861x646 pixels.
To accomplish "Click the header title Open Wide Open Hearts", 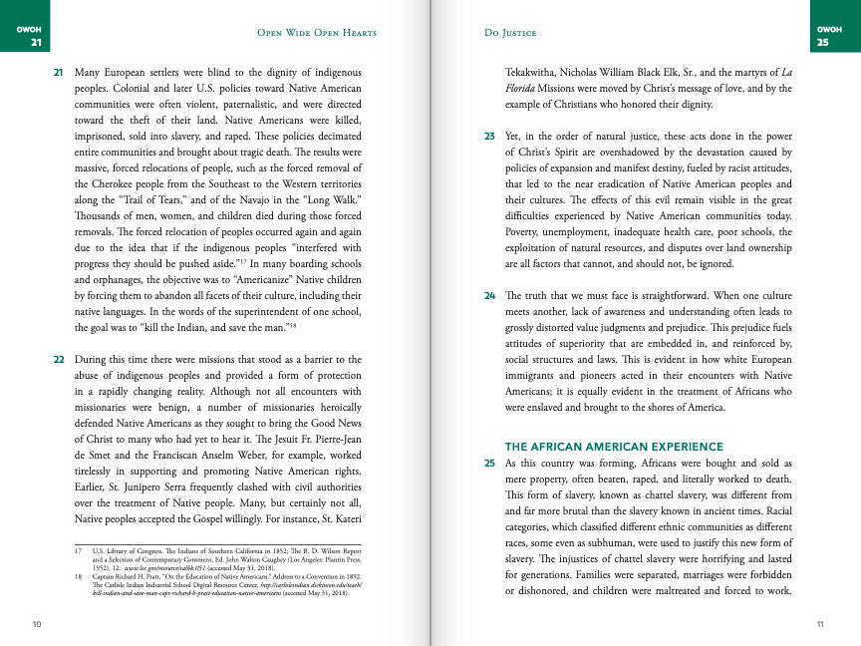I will pos(317,33).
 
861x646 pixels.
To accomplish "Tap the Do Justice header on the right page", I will pos(509,33).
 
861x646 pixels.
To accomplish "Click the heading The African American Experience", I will pos(614,447).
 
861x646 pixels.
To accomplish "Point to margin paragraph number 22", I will pos(58,358).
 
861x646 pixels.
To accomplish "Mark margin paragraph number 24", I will pos(490,296).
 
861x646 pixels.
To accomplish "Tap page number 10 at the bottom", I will pos(37,624).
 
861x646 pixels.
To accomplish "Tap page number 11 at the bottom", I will pos(819,624).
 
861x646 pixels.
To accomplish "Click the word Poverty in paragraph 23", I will pos(525,232).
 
